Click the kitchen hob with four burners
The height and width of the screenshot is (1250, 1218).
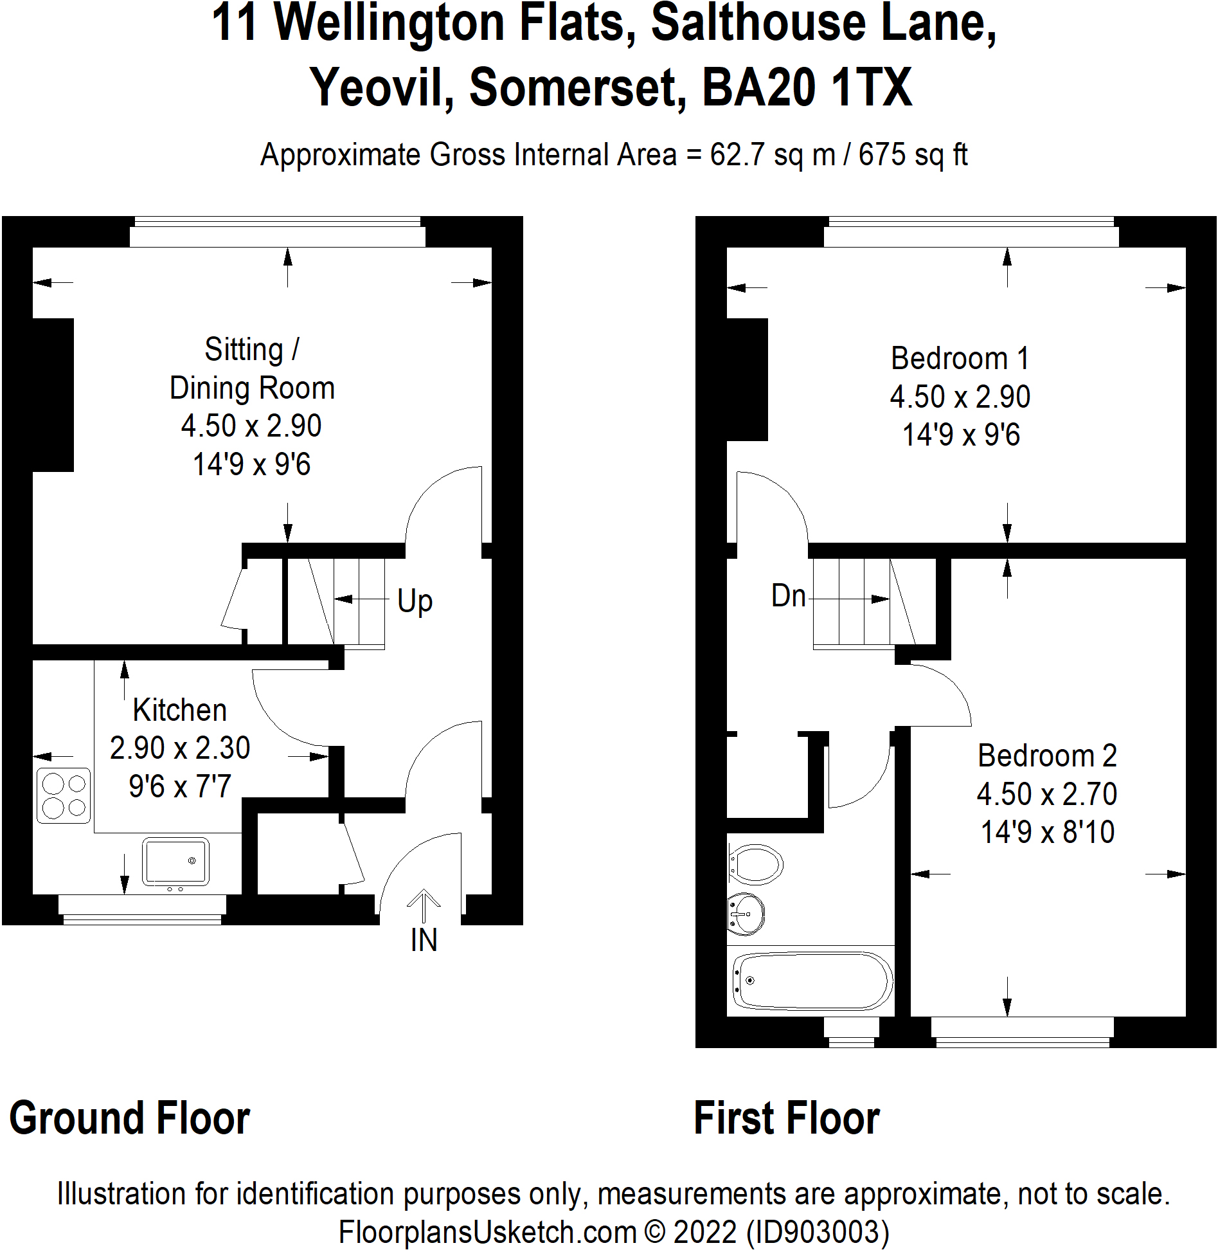tap(64, 795)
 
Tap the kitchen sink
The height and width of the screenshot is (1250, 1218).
tap(175, 862)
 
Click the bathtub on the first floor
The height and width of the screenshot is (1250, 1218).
tap(812, 981)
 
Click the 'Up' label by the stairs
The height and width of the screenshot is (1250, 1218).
tap(415, 602)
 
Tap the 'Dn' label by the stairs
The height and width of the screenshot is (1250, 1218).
tap(788, 596)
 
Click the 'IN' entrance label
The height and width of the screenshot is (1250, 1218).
tap(424, 940)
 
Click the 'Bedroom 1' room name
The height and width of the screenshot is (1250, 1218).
tap(960, 359)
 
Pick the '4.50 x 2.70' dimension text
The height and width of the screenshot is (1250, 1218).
tap(1046, 794)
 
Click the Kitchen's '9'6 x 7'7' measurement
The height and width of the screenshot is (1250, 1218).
tap(179, 786)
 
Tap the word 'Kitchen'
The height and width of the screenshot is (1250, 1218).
tap(179, 711)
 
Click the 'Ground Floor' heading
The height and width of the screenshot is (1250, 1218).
tap(129, 1118)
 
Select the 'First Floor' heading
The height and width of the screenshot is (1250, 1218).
tap(786, 1118)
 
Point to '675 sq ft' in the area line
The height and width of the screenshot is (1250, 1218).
tap(912, 155)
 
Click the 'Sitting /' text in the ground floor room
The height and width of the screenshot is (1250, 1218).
tap(251, 350)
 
